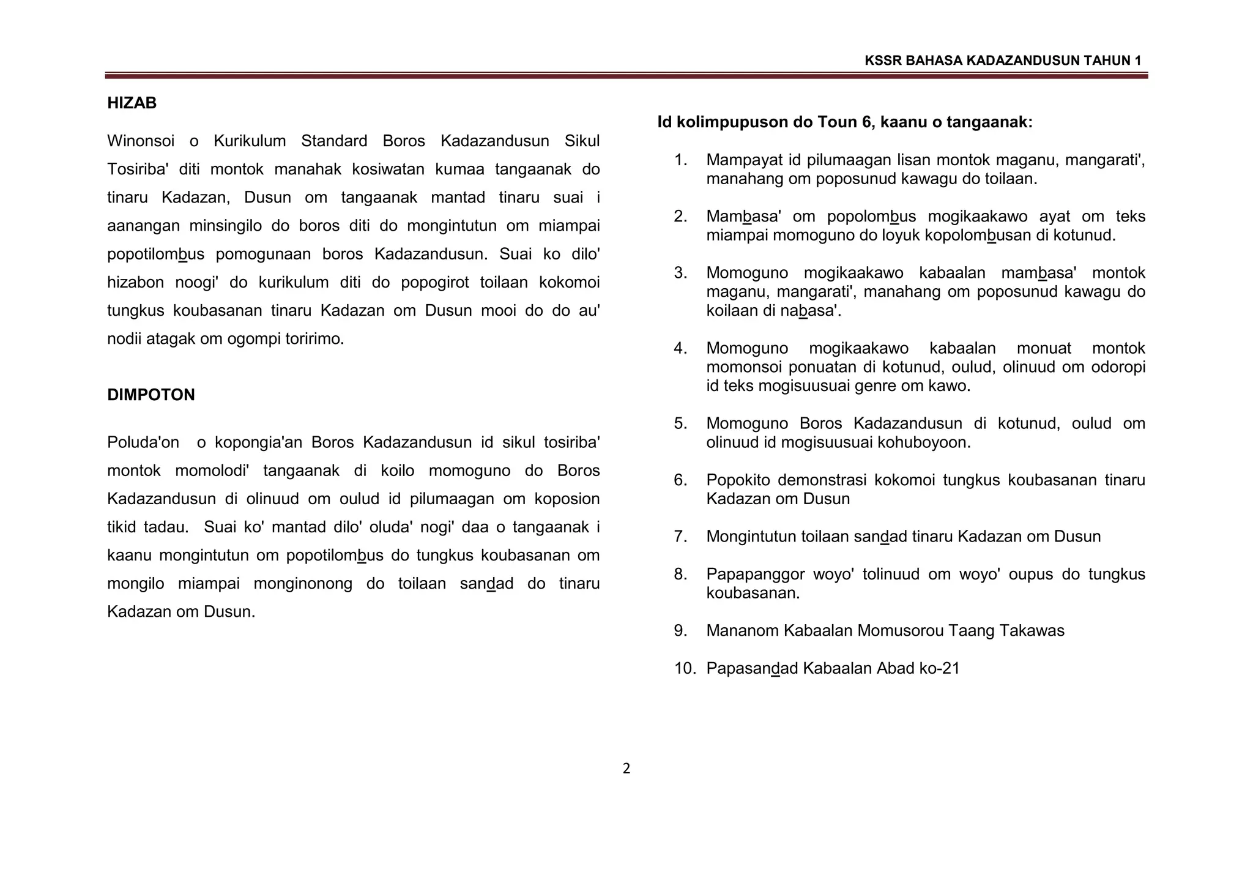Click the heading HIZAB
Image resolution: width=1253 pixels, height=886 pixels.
[132, 103]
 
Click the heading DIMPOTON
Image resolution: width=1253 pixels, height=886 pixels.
[151, 395]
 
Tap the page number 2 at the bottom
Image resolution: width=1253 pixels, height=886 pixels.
[626, 769]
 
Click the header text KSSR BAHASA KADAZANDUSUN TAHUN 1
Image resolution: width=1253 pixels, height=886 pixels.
[1003, 61]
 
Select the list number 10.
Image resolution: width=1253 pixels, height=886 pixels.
[685, 668]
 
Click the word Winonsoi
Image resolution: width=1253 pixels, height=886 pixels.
[141, 141]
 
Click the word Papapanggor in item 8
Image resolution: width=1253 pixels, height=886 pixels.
[755, 574]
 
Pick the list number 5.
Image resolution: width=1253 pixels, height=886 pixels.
[680, 423]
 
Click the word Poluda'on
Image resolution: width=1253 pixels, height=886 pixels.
[143, 442]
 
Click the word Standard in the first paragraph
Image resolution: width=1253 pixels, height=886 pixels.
[333, 141]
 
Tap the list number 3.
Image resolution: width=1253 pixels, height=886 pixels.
[680, 273]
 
